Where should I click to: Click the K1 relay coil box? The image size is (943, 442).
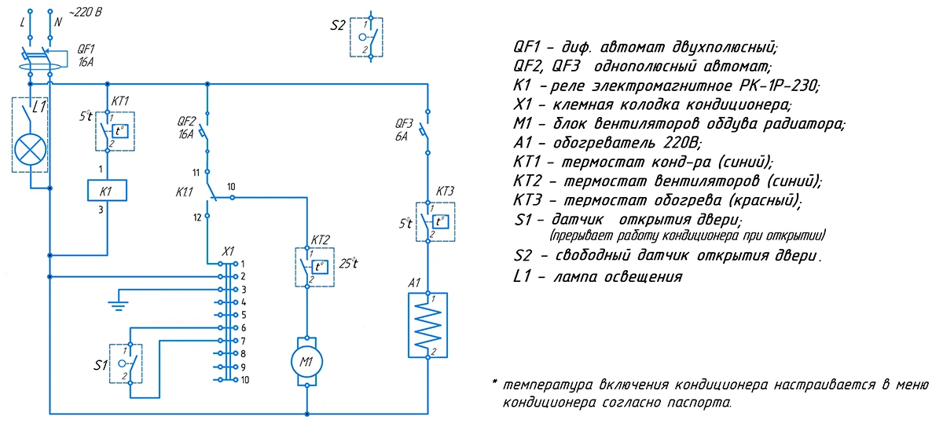(x=107, y=191)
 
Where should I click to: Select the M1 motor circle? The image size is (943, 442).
(x=307, y=362)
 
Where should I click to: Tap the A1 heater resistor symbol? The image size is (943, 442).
(x=427, y=326)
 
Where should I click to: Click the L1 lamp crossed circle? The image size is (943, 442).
(x=31, y=149)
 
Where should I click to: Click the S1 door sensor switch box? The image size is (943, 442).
(x=126, y=363)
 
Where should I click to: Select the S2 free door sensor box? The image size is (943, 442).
(x=366, y=37)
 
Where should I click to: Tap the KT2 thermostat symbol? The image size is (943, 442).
(x=315, y=267)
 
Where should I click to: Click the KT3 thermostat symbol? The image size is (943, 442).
(x=435, y=222)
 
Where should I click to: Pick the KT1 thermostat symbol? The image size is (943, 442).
(x=115, y=131)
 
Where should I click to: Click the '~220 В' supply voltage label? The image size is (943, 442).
(x=85, y=13)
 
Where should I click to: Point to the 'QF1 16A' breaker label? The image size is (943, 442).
(x=86, y=56)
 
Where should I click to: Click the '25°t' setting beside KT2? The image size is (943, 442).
(x=349, y=264)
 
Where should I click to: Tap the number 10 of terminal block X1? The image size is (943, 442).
(x=245, y=380)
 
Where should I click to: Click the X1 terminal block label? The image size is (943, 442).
(x=228, y=251)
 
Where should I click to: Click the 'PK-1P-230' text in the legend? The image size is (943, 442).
(x=779, y=86)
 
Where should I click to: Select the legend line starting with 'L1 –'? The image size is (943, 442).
(x=598, y=276)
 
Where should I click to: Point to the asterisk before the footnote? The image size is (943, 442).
(x=494, y=382)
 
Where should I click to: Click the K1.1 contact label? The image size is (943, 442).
(x=185, y=192)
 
